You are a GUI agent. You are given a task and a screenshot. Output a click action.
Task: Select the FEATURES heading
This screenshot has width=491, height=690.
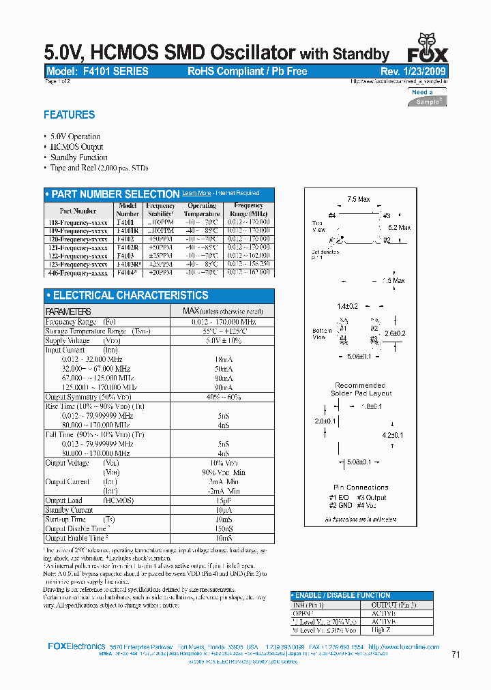point(69,115)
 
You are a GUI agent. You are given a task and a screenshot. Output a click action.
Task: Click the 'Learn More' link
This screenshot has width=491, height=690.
point(196,194)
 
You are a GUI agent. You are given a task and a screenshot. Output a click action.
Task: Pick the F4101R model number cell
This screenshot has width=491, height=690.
point(128,230)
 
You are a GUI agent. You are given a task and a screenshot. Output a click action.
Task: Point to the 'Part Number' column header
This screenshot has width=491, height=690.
point(78,211)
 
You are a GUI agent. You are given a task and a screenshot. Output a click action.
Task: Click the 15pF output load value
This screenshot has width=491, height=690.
point(223,500)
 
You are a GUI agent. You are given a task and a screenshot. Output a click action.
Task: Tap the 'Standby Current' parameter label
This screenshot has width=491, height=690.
point(69,510)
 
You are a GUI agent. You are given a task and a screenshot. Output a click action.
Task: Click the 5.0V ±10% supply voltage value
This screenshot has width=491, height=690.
point(223,340)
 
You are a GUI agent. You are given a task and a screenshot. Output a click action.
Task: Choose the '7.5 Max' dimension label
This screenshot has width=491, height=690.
point(358,199)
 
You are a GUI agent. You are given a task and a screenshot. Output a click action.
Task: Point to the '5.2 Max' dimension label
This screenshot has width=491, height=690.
point(399,228)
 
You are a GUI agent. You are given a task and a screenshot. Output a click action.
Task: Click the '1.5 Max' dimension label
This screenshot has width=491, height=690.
point(393,280)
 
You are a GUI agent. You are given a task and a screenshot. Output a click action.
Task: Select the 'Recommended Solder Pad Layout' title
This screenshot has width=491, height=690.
point(361,389)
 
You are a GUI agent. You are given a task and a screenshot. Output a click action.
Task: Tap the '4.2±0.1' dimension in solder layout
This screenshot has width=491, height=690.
point(393,435)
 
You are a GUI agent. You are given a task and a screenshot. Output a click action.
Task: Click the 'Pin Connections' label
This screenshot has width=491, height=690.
point(361,487)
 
